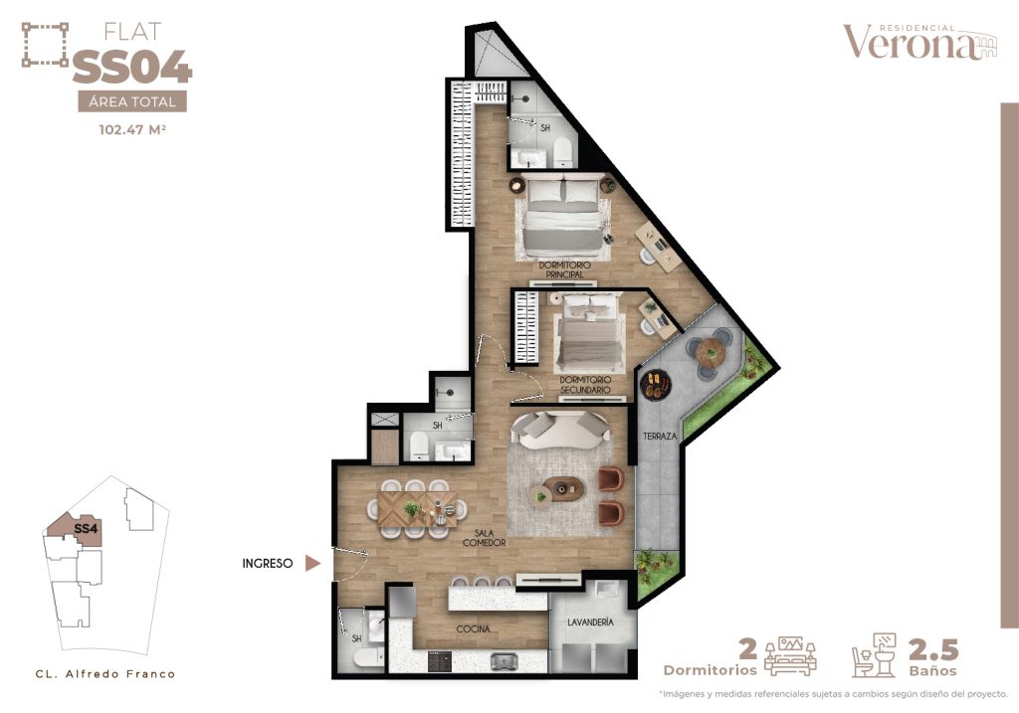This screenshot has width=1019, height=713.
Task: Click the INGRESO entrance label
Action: pyautogui.click(x=267, y=564)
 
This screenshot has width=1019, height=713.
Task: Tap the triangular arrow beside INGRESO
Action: pyautogui.click(x=312, y=563)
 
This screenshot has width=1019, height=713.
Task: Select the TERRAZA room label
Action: pyautogui.click(x=660, y=437)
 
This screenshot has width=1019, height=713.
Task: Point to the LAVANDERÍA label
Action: pyautogui.click(x=590, y=623)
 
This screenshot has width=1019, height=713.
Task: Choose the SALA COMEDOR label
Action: pyautogui.click(x=485, y=538)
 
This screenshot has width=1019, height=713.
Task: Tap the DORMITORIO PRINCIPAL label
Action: pyautogui.click(x=565, y=270)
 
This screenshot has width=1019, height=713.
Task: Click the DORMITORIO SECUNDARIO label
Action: pyautogui.click(x=585, y=385)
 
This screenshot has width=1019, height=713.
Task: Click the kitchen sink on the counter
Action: pyautogui.click(x=503, y=661)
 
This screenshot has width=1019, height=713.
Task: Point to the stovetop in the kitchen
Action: pyautogui.click(x=440, y=661)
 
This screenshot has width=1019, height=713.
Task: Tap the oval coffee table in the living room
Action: pyautogui.click(x=563, y=489)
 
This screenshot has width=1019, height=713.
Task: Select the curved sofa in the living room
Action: pyautogui.click(x=560, y=430)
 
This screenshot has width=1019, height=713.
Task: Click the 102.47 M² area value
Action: pyautogui.click(x=132, y=129)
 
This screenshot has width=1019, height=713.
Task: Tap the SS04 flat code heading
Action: pyautogui.click(x=132, y=68)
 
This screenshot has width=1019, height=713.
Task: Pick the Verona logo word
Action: pyautogui.click(x=911, y=43)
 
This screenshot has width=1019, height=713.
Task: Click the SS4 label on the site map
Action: pyautogui.click(x=86, y=529)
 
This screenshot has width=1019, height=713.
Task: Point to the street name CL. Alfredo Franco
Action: pyautogui.click(x=105, y=674)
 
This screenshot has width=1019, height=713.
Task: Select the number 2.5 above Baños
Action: pyautogui.click(x=933, y=649)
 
